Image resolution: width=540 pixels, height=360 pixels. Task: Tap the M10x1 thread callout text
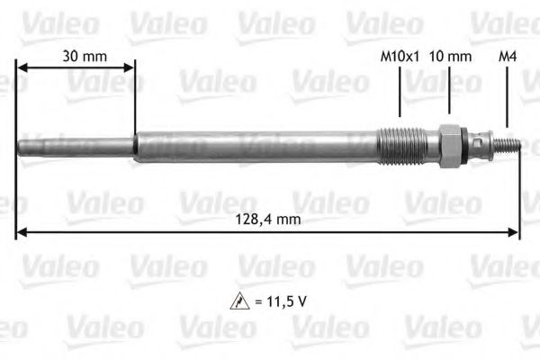(400, 56)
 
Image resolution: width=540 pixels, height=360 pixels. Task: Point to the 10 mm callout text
(451, 56)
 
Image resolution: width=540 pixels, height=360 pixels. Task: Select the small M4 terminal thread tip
(509, 144)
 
